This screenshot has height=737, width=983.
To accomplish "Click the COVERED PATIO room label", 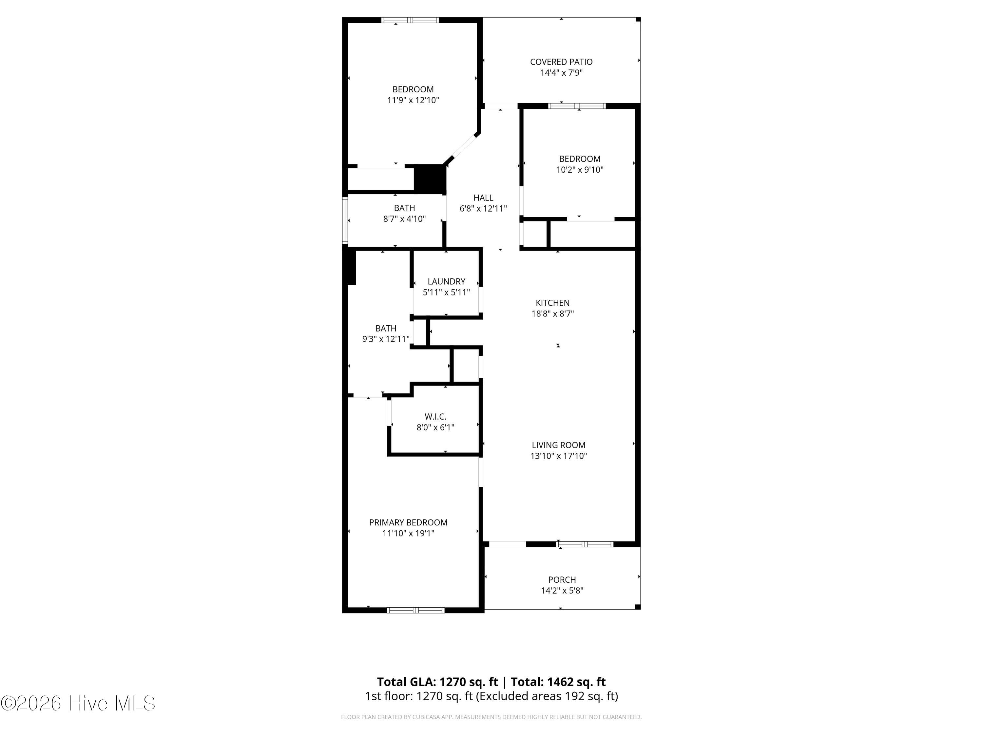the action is click(561, 62).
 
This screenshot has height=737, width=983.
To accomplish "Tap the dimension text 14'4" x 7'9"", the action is click(561, 72).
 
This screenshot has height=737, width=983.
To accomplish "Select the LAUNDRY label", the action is click(446, 281).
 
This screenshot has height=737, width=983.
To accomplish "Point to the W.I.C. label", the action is click(435, 416).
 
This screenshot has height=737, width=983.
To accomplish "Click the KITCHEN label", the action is click(552, 303).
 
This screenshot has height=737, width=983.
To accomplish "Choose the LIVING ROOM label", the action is click(559, 445).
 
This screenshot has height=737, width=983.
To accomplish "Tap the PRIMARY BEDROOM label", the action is click(408, 522).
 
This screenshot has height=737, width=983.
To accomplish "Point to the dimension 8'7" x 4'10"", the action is click(404, 218).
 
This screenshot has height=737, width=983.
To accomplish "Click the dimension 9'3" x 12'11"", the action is click(386, 339).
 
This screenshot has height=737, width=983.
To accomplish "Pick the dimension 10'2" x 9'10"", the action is click(580, 169).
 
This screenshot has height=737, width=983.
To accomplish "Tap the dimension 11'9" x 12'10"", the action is click(413, 100).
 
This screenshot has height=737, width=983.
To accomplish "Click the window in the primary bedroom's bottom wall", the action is click(415, 610).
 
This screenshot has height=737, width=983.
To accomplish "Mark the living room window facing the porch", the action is click(585, 544).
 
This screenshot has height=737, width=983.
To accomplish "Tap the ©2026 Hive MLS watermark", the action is click(78, 703).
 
